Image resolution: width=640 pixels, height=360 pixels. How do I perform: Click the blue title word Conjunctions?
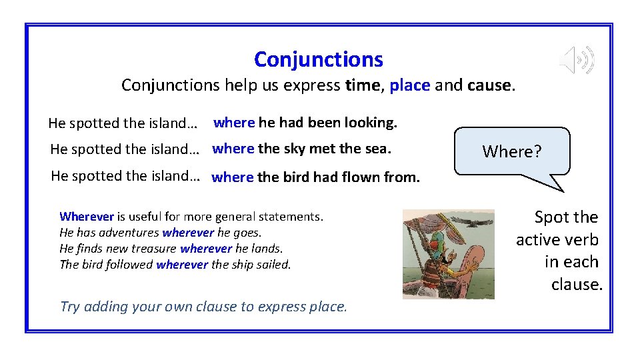click(x=319, y=60)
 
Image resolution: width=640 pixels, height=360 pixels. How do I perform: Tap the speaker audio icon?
click(x=577, y=61)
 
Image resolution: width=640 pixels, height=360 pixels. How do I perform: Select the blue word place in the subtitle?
click(x=409, y=85)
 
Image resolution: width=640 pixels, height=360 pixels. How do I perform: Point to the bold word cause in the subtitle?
click(x=490, y=85)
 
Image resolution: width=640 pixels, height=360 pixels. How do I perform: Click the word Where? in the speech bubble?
click(x=512, y=152)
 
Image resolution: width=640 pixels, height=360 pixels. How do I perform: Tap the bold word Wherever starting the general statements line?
click(x=87, y=216)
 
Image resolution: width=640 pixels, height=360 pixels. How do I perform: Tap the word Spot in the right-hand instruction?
click(x=551, y=217)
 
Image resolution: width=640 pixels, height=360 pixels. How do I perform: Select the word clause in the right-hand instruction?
click(x=577, y=285)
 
